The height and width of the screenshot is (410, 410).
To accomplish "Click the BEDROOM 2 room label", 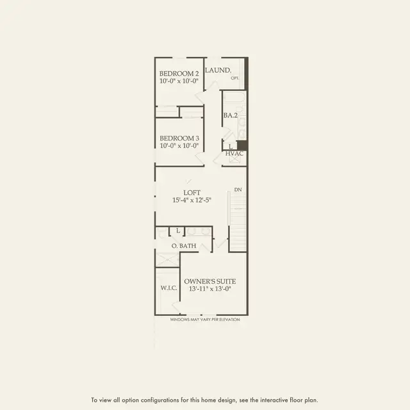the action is pyautogui.click(x=179, y=74).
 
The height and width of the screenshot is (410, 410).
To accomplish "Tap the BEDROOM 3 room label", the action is pyautogui.click(x=179, y=138).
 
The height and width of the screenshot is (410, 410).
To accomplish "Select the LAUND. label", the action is pyautogui.click(x=218, y=70).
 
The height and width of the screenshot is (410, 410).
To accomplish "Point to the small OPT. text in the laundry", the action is pyautogui.click(x=235, y=78).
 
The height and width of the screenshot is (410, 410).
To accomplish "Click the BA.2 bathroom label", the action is pyautogui.click(x=231, y=115).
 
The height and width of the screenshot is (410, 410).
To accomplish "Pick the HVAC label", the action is pyautogui.click(x=234, y=154).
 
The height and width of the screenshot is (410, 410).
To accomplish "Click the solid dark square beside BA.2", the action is pyautogui.click(x=242, y=145).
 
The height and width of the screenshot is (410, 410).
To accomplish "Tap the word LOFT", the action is pyautogui.click(x=192, y=193).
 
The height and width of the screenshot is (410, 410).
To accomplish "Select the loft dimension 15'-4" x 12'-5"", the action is pyautogui.click(x=192, y=200).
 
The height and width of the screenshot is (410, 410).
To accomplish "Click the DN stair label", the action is pyautogui.click(x=238, y=190).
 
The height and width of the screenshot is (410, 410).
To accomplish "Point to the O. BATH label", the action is pyautogui.click(x=184, y=246).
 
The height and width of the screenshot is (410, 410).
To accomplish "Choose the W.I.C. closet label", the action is pyautogui.click(x=169, y=288).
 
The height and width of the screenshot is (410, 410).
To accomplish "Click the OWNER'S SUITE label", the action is pyautogui.click(x=210, y=281).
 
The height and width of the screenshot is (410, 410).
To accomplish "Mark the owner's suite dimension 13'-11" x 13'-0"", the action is pyautogui.click(x=210, y=289).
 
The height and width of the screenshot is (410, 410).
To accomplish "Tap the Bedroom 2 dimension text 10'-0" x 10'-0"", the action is pyautogui.click(x=179, y=81).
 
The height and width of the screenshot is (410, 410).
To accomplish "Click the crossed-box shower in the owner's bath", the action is pyautogui.click(x=167, y=259).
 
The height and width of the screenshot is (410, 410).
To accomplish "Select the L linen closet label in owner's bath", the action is pyautogui.click(x=178, y=231).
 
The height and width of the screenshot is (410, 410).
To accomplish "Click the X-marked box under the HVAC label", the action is pyautogui.click(x=234, y=160).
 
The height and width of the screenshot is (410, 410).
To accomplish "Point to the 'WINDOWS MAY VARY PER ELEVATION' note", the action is pyautogui.click(x=205, y=320).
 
